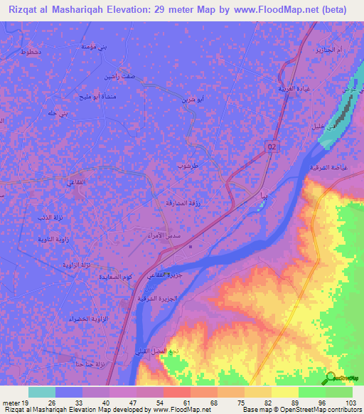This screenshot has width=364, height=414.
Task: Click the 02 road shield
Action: pos(272,145)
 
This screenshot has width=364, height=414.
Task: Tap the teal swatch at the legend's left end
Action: pos(42,391)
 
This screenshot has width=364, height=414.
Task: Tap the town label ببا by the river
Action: pos(264,194)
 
